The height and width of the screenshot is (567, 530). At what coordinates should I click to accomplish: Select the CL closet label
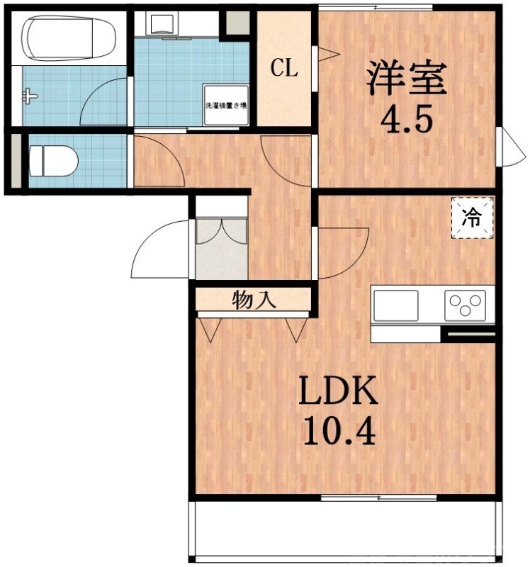[x=285, y=69]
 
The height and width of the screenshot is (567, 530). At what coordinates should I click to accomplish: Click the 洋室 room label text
[x=406, y=78]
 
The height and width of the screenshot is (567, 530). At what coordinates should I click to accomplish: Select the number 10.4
[x=339, y=430]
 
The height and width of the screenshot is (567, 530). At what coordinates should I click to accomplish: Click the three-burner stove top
[x=466, y=306]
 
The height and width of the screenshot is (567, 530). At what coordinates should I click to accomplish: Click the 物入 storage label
[x=254, y=300]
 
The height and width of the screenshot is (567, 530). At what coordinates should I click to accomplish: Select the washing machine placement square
[x=226, y=105]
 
